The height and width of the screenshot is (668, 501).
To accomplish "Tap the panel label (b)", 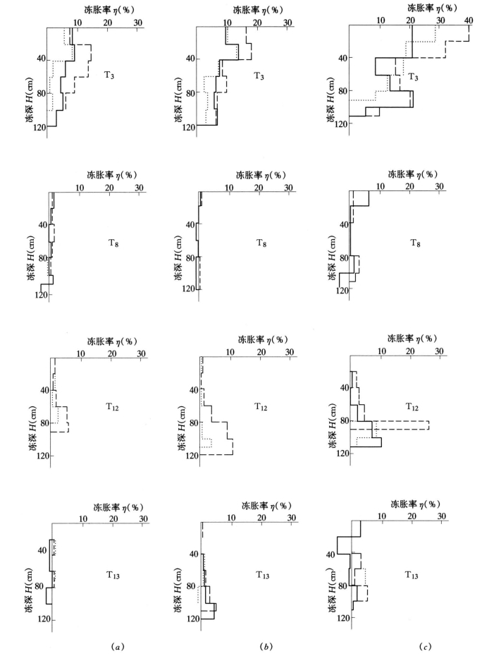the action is tap(266, 646).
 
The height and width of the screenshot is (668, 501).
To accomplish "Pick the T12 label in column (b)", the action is tap(263, 407).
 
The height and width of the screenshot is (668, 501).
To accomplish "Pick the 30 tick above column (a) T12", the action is tap(142, 353).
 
